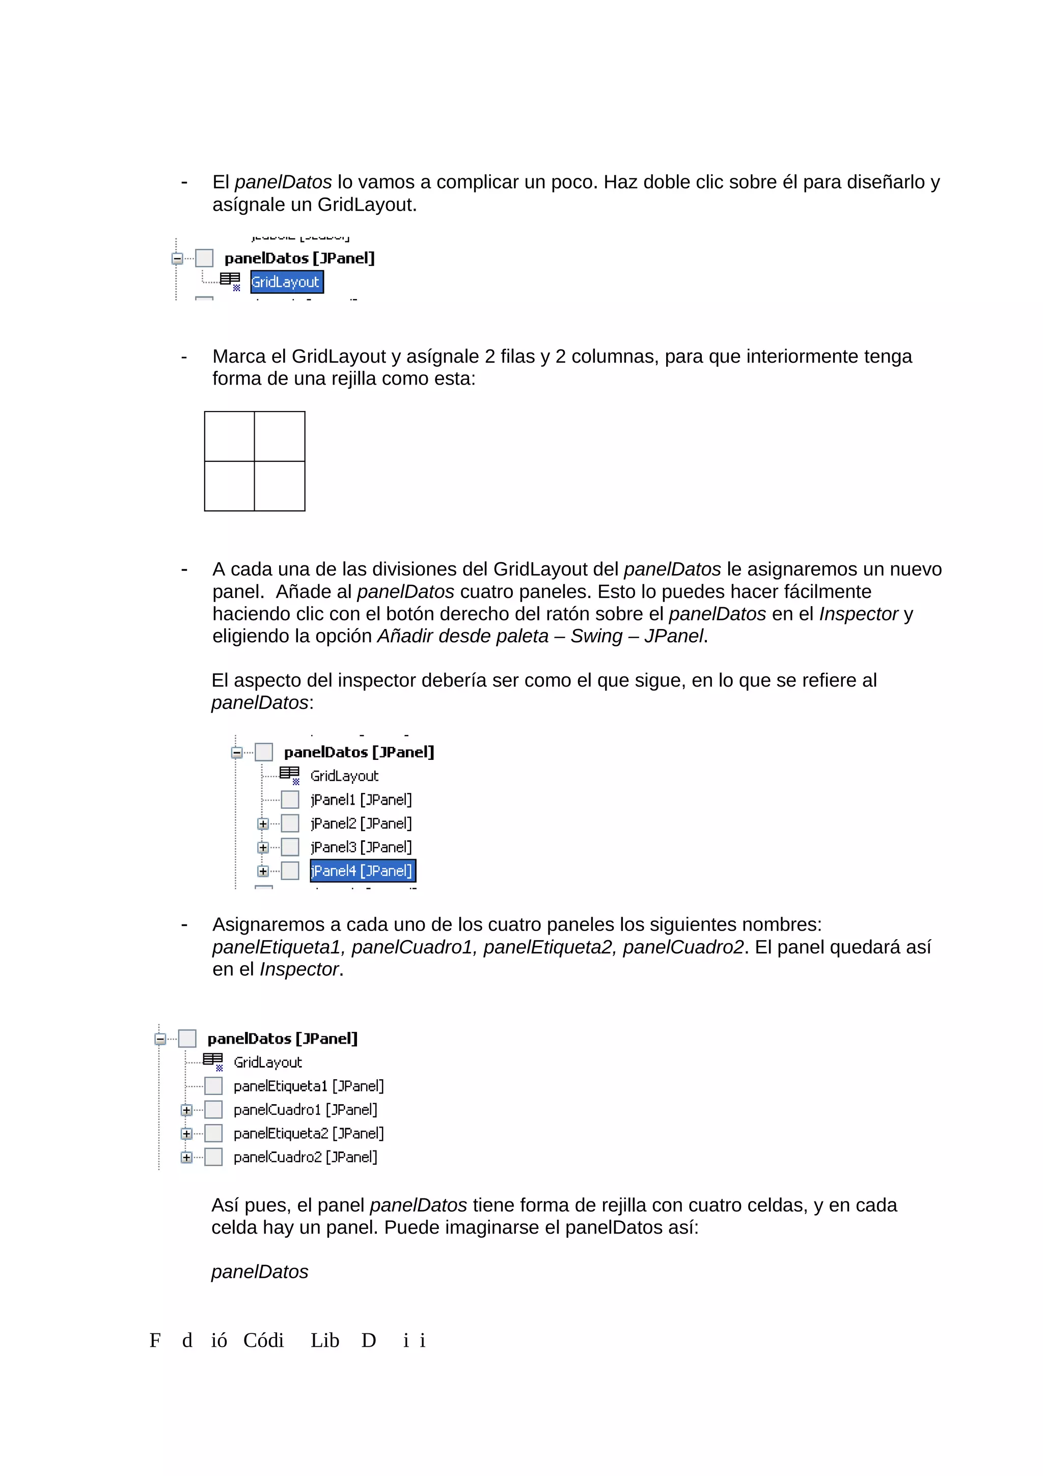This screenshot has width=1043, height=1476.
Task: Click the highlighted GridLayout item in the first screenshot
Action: [287, 282]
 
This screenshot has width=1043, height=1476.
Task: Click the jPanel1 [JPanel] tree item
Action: [361, 799]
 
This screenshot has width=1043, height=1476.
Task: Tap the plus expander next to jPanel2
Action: [262, 824]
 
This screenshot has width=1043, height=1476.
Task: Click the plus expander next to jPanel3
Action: [262, 848]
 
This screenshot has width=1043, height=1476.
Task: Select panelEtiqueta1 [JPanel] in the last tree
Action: [309, 1086]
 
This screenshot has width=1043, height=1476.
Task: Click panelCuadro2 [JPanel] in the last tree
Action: [305, 1157]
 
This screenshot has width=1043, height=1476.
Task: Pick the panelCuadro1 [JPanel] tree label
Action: [305, 1110]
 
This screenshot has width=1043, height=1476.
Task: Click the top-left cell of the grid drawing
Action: [229, 436]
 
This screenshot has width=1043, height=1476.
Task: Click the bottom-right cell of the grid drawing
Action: [280, 486]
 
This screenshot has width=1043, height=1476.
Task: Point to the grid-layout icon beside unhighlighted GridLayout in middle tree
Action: [289, 775]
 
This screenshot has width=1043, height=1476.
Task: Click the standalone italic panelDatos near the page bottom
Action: [260, 1272]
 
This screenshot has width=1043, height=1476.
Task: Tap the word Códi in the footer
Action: [263, 1341]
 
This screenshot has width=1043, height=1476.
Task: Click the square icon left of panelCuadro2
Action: [213, 1157]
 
